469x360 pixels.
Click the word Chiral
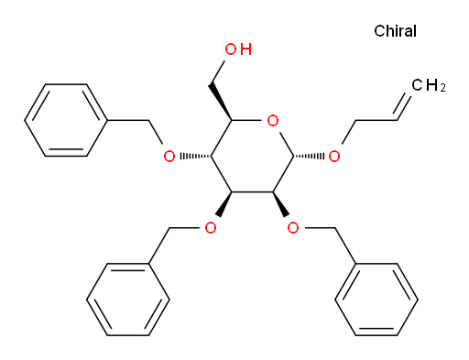tap(395, 31)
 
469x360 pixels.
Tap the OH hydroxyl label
tap(238, 49)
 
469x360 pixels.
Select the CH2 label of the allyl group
tap(429, 85)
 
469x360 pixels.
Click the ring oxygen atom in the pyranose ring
tap(273, 121)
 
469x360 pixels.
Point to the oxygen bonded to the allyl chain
tap(334, 157)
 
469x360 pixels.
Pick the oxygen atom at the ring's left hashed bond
tap(169, 157)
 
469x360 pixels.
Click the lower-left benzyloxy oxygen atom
tap(211, 228)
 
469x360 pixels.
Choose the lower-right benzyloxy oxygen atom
tap(293, 228)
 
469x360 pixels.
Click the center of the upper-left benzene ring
tap(66, 120)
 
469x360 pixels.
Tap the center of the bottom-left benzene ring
tap(128, 300)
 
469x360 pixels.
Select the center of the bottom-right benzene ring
tap(376, 300)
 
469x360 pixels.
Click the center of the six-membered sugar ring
tap(252, 157)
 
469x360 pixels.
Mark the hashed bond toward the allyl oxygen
tap(309, 157)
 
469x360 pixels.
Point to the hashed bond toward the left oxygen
tap(195, 157)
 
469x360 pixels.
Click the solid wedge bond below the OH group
tap(221, 103)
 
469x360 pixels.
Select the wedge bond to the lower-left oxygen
tap(224, 204)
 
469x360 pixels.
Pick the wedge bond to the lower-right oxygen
tap(280, 204)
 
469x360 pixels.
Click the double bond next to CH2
tap(404, 105)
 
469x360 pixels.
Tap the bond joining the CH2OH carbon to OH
tap(218, 72)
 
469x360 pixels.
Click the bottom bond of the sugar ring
tap(252, 192)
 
